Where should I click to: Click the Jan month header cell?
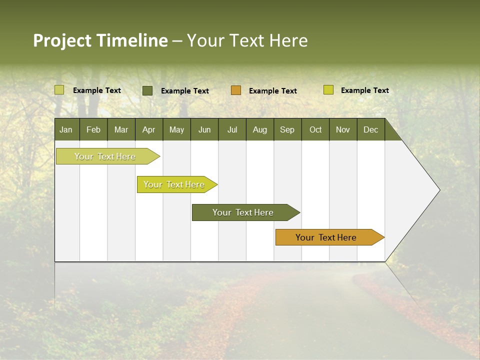pyautogui.click(x=66, y=129)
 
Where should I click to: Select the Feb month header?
pyautogui.click(x=93, y=129)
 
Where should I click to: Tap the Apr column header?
pyautogui.click(x=149, y=129)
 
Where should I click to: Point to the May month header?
pyautogui.click(x=176, y=129)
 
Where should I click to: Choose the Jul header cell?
pyautogui.click(x=232, y=129)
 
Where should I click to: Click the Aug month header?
pyautogui.click(x=260, y=129)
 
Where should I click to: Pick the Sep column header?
pyautogui.click(x=287, y=129)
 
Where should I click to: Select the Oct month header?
pyautogui.click(x=315, y=129)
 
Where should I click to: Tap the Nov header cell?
pyautogui.click(x=343, y=129)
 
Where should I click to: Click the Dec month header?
pyautogui.click(x=371, y=129)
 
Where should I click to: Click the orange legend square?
pyautogui.click(x=236, y=90)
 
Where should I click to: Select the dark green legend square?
pyautogui.click(x=147, y=90)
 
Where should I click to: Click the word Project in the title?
pyautogui.click(x=62, y=40)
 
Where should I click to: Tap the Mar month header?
pyautogui.click(x=121, y=129)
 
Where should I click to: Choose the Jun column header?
pyautogui.click(x=204, y=129)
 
